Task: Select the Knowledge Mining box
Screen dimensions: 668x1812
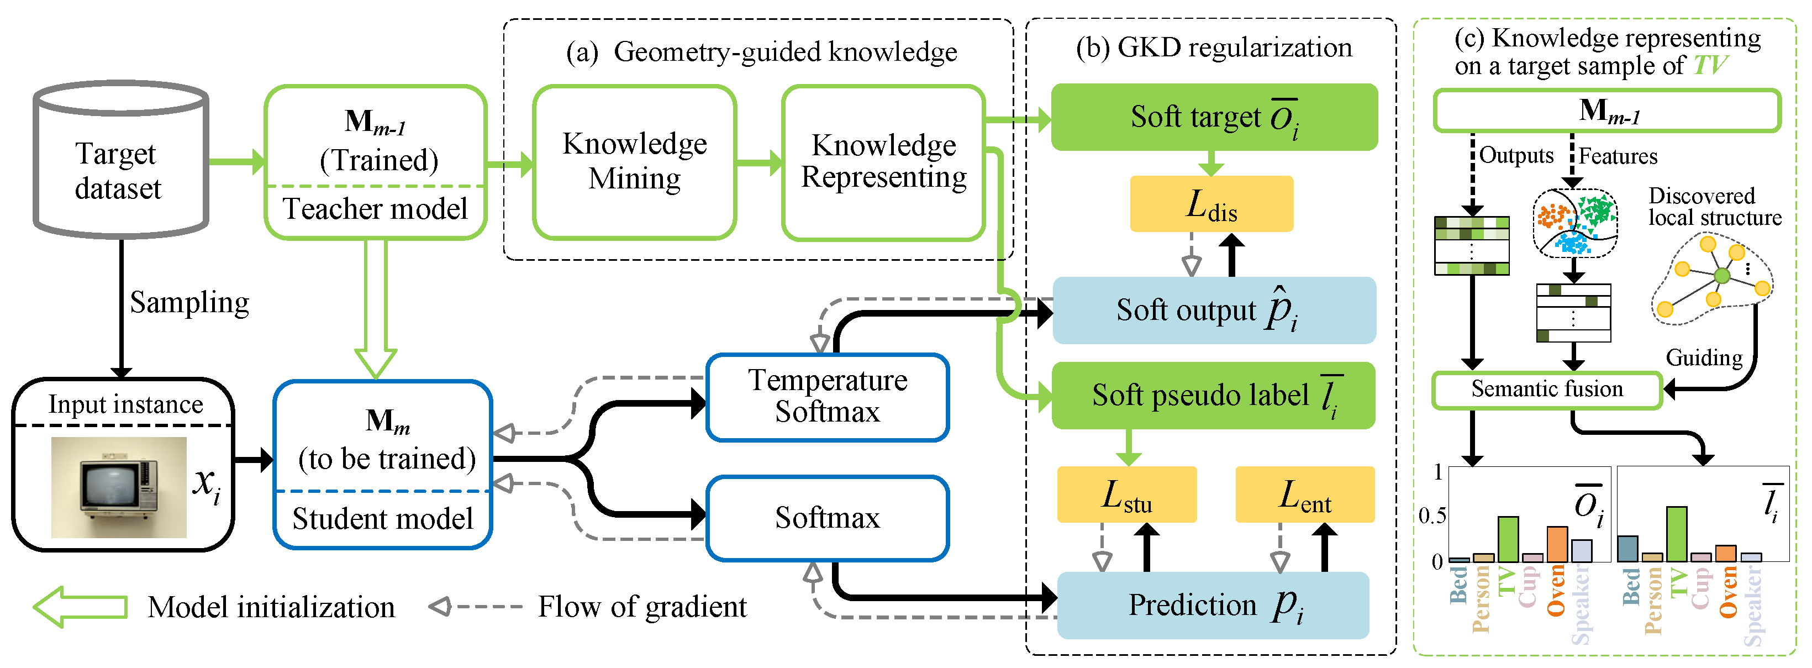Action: coord(635,162)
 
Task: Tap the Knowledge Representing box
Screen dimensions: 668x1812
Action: coord(883,162)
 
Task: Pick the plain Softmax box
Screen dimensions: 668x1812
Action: coord(827,518)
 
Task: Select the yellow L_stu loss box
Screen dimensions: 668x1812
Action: coord(1126,495)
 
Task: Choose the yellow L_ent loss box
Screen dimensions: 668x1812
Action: coord(1305,495)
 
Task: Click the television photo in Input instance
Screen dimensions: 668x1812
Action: coord(118,487)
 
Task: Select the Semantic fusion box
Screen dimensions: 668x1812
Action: coord(1547,390)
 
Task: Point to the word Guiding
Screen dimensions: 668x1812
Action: coord(1704,358)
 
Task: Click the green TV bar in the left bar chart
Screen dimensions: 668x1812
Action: coord(1508,539)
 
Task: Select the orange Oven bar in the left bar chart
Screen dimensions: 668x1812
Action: coord(1557,544)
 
